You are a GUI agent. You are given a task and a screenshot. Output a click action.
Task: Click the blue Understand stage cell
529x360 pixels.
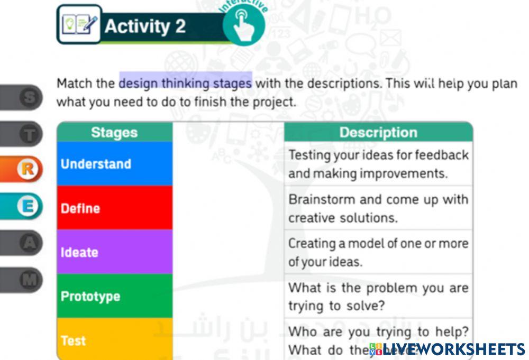pyautogui.click(x=114, y=164)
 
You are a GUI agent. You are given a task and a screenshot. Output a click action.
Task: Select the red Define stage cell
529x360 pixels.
pyautogui.click(x=114, y=208)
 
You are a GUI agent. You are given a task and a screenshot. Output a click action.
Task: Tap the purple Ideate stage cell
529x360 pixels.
pyautogui.click(x=114, y=252)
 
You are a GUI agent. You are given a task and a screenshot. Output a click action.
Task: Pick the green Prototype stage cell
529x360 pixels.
pyautogui.click(x=114, y=296)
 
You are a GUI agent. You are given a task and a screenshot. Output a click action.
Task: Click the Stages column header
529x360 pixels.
pyautogui.click(x=114, y=132)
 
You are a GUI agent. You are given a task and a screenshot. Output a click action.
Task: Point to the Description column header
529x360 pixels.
pyautogui.click(x=378, y=132)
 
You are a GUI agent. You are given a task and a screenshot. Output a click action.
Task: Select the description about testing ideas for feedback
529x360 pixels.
pyautogui.click(x=378, y=164)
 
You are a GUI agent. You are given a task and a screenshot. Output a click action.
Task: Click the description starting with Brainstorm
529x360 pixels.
pyautogui.click(x=378, y=208)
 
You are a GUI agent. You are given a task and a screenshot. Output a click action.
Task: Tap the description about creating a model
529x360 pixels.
pyautogui.click(x=378, y=252)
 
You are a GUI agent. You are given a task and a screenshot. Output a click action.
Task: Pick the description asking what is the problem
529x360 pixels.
pyautogui.click(x=378, y=296)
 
